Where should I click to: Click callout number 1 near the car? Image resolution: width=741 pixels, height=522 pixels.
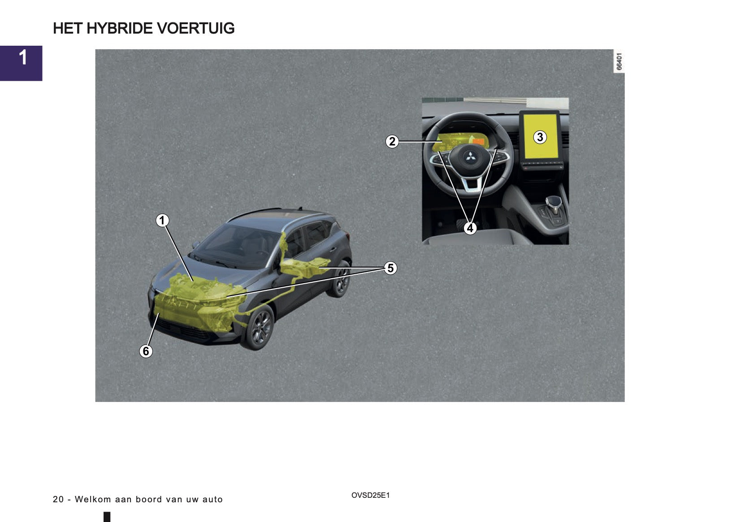(162, 220)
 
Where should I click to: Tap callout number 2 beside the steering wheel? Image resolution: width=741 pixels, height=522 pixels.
(392, 142)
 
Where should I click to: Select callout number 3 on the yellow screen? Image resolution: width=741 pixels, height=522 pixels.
(540, 137)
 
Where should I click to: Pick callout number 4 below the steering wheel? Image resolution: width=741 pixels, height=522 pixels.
(470, 228)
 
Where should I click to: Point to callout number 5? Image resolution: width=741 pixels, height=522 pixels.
(390, 268)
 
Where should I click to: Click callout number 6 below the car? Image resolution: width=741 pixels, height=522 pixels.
(146, 351)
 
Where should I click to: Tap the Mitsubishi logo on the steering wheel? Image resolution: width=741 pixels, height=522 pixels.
(469, 156)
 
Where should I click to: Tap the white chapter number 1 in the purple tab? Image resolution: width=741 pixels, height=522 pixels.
(23, 57)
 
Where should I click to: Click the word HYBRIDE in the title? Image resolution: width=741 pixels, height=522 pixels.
(120, 28)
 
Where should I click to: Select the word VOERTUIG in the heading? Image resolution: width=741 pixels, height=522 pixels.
(196, 28)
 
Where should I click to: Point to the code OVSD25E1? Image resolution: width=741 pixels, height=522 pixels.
(370, 495)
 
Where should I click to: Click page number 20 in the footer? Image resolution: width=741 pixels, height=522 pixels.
(58, 499)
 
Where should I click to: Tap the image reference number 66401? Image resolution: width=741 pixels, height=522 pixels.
(619, 61)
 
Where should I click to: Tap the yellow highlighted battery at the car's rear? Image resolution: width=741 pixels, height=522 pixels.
(304, 267)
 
